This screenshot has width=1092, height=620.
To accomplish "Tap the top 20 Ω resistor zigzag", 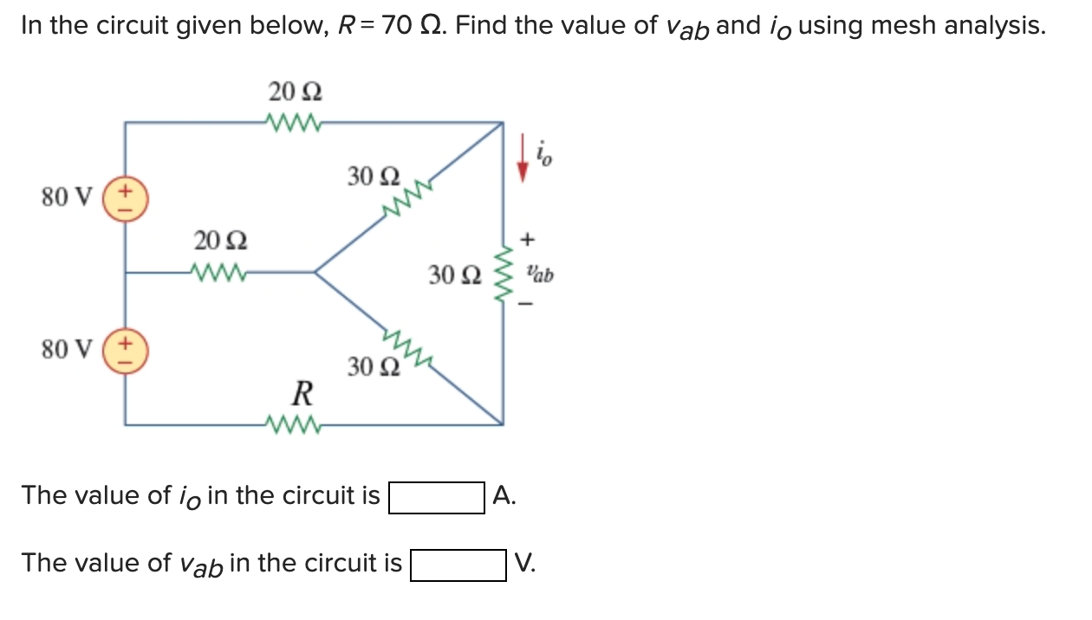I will pyautogui.click(x=296, y=121).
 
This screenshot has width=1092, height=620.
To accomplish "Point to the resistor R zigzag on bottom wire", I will pyautogui.click(x=296, y=424).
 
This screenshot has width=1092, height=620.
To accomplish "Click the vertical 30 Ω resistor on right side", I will pyautogui.click(x=502, y=274).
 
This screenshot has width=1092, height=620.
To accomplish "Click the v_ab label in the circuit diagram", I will pyautogui.click(x=539, y=275).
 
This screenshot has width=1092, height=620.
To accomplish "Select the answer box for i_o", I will pyautogui.click(x=436, y=498).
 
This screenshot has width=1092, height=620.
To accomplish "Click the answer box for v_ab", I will pyautogui.click(x=458, y=565).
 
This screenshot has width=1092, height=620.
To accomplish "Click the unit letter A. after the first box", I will pyautogui.click(x=504, y=496).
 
